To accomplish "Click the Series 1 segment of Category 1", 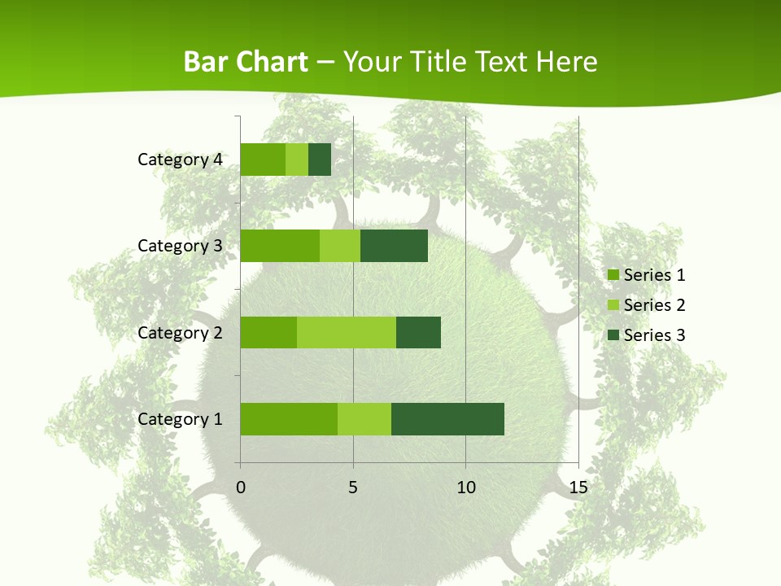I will [289, 418].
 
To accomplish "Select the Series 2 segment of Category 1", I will [364, 418].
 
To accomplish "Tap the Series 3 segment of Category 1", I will [447, 418].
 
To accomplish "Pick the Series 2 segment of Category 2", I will [347, 332].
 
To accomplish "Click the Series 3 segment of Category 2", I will [418, 332].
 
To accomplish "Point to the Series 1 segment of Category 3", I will [280, 246].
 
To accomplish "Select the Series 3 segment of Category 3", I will [394, 246].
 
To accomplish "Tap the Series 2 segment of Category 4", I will [297, 160].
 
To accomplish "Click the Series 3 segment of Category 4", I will [320, 160].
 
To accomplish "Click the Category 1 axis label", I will [180, 419].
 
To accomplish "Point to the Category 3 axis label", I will [180, 246].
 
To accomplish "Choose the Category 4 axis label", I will [180, 160].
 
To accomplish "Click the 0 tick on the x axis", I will [241, 488].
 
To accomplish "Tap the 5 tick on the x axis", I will [353, 488].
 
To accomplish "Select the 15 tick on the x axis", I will [578, 488].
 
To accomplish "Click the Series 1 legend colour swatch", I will [613, 275].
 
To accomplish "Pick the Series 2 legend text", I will [654, 305].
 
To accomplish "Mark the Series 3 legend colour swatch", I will [613, 335].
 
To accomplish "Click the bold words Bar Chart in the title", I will [246, 62].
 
